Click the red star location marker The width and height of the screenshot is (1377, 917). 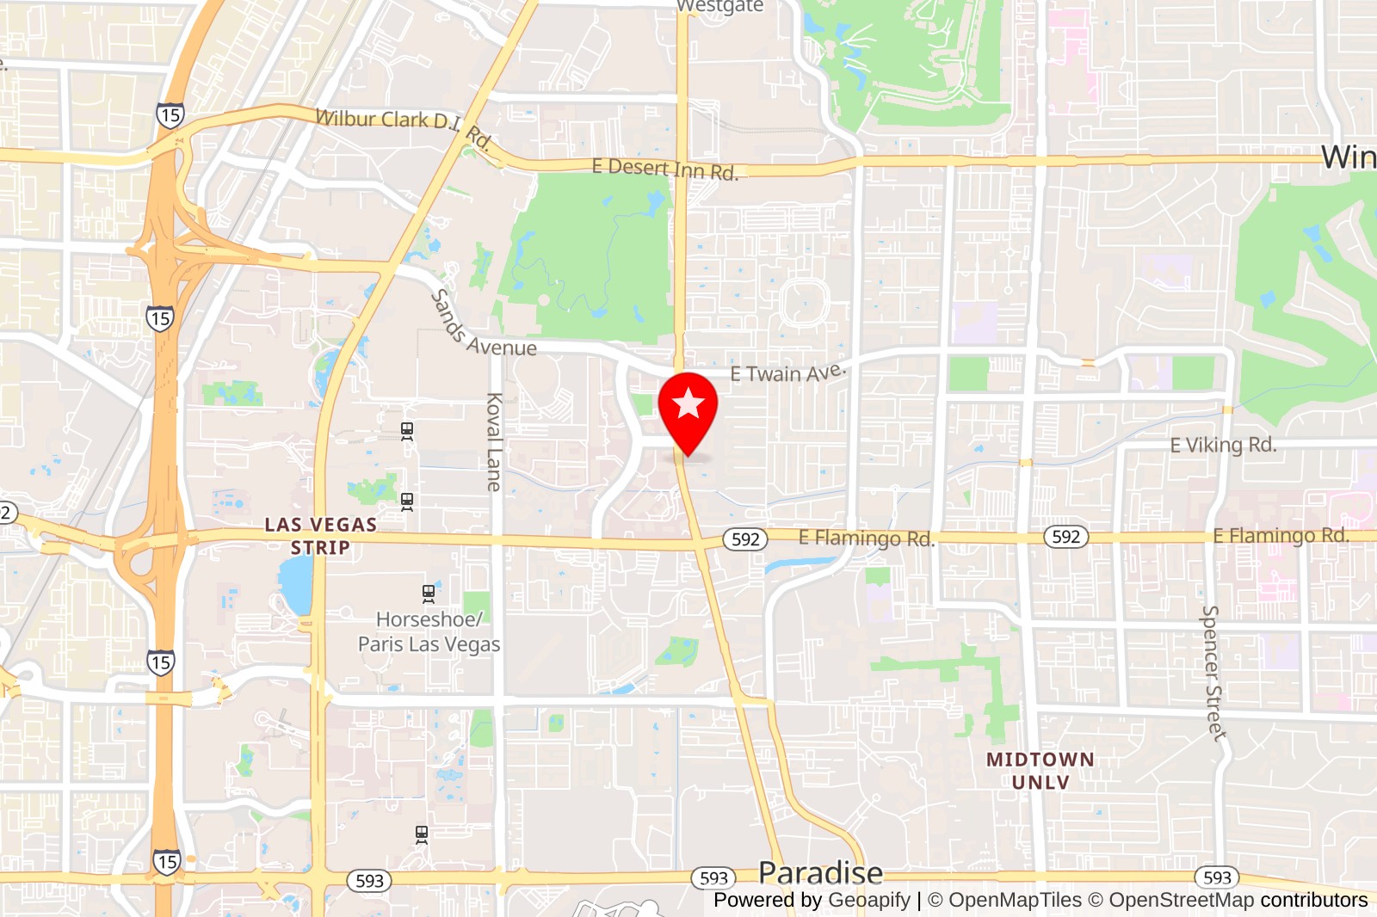(688, 404)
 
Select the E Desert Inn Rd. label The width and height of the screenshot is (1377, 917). (664, 169)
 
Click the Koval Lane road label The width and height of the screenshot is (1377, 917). (494, 442)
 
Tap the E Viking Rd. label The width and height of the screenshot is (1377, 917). (1222, 445)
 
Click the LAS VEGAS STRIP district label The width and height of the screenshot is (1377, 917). (320, 536)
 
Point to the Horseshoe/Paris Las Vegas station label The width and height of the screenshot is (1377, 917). (429, 631)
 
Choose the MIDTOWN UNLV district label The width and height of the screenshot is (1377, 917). (1040, 771)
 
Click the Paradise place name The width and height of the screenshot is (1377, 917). (820, 872)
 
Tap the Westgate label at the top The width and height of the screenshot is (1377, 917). (719, 7)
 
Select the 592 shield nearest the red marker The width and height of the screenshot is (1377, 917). (745, 539)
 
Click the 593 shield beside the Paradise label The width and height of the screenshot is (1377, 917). (713, 878)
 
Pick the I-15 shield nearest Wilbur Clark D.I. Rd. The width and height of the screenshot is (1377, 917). (170, 114)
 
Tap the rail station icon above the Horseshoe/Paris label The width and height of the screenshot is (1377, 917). (429, 593)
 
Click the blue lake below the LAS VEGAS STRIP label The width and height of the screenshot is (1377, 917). (296, 583)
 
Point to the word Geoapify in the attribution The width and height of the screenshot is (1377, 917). (868, 900)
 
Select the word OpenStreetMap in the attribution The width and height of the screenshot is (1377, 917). (1181, 900)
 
